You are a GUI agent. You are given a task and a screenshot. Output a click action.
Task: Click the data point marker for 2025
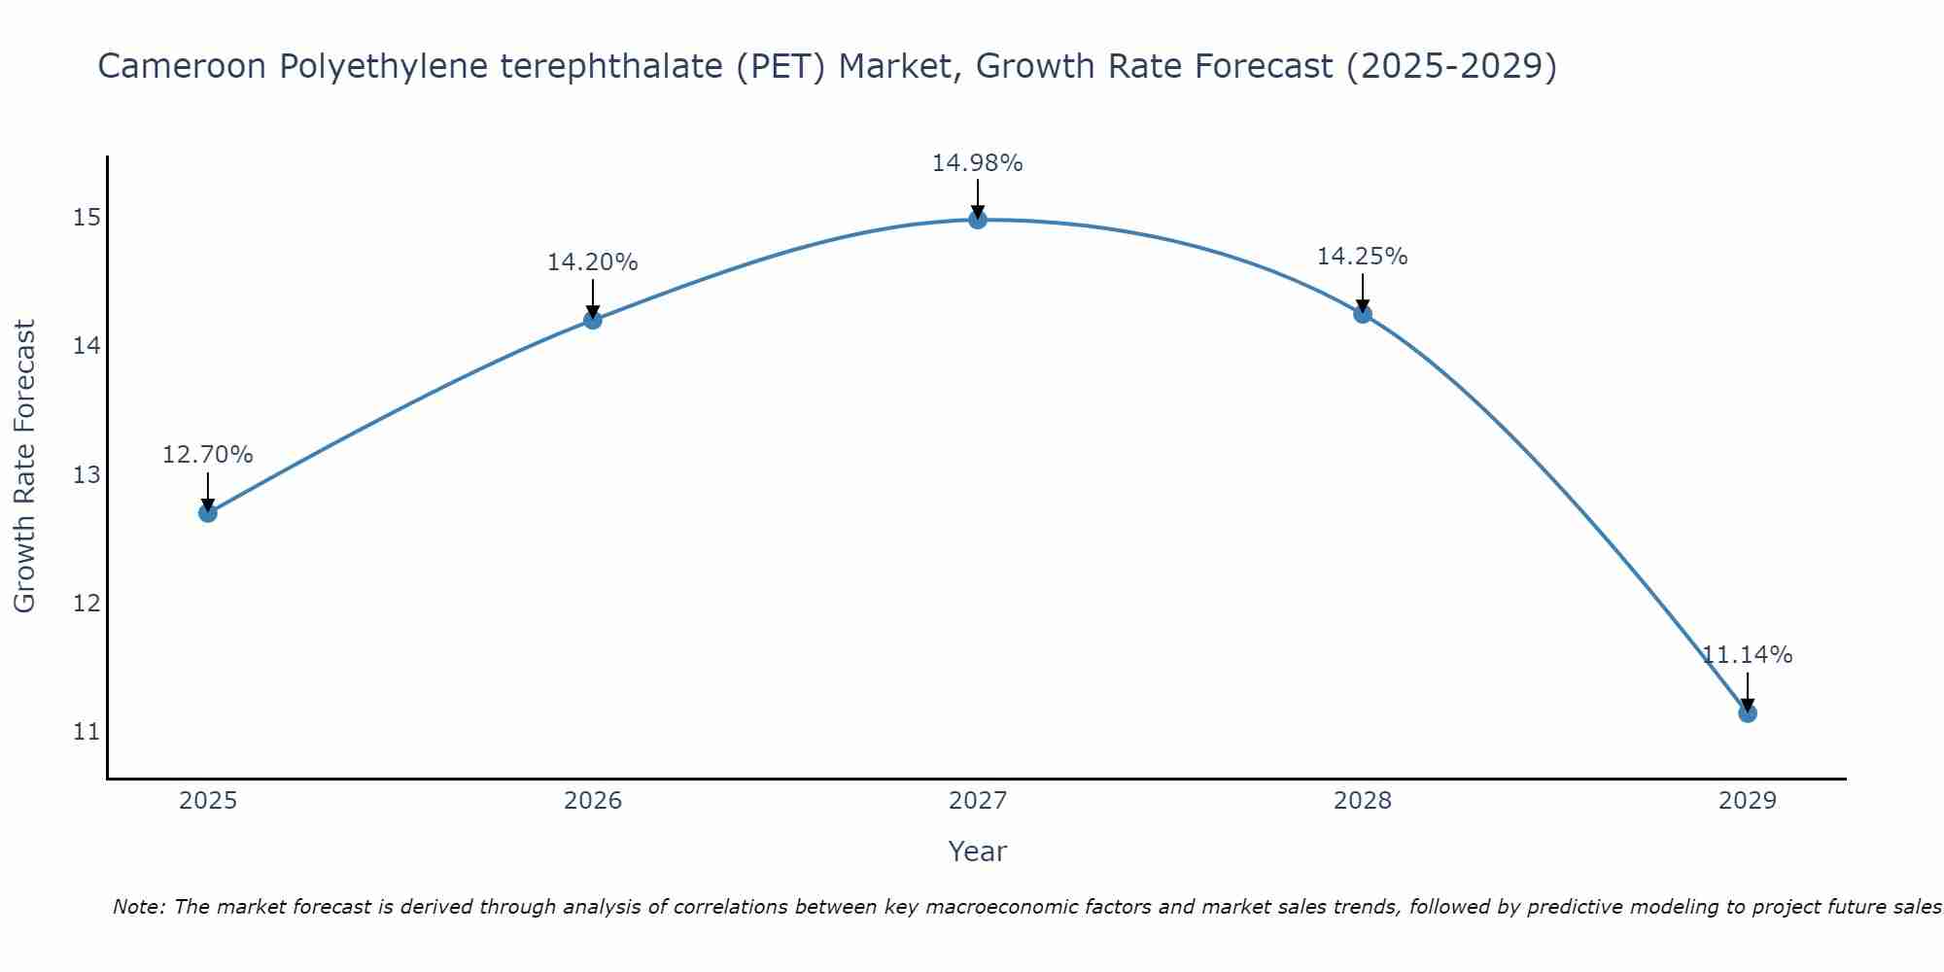pos(208,512)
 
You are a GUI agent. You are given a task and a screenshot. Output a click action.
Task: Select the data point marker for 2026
pos(593,320)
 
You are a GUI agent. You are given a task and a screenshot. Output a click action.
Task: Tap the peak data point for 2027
pos(978,220)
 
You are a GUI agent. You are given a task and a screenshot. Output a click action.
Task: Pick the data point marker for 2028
pos(1363,313)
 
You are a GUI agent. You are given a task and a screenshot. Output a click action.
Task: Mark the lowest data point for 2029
pos(1747,712)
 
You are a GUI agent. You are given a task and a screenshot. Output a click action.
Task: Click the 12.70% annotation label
pos(208,455)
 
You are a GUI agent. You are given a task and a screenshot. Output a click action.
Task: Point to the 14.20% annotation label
pos(593,262)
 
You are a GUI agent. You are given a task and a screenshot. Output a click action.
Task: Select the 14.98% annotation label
pos(978,163)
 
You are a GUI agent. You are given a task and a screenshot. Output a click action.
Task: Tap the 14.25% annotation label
pos(1363,257)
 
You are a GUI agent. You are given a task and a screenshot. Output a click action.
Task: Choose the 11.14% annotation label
pos(1747,655)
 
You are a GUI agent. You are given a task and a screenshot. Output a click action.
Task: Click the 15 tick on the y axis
pos(87,218)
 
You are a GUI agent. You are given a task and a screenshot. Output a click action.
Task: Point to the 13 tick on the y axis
pos(87,475)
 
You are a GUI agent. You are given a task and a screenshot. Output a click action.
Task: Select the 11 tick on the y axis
pos(87,732)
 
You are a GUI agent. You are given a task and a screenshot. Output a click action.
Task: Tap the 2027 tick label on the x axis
pos(978,801)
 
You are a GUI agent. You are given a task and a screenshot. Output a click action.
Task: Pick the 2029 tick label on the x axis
pos(1747,801)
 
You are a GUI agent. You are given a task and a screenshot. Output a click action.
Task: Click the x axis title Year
pos(978,851)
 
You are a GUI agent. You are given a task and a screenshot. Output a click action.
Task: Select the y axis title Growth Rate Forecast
pos(25,467)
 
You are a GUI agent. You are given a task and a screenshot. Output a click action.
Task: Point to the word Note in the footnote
pos(140,907)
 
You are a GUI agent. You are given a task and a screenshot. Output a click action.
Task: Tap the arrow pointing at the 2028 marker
pos(1363,292)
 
